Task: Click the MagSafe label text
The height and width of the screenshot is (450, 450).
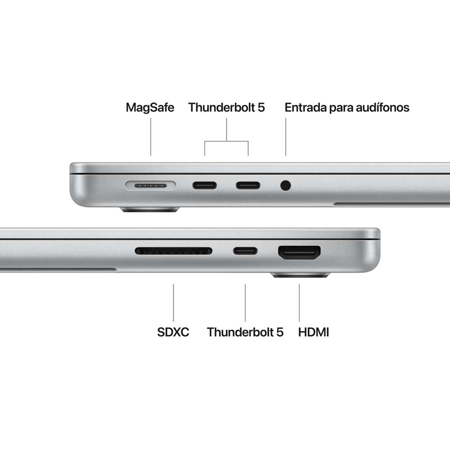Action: tap(150, 108)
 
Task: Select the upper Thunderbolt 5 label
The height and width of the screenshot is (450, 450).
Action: tap(226, 108)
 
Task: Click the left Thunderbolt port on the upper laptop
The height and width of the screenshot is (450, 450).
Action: tap(205, 185)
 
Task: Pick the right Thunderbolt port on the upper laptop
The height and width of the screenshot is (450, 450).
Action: tap(248, 185)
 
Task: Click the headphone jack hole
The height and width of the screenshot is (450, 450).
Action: tap(285, 185)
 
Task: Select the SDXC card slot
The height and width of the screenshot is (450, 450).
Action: tap(173, 251)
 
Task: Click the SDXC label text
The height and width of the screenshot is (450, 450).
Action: tap(173, 333)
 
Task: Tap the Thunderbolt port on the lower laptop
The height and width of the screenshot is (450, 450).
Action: tap(245, 251)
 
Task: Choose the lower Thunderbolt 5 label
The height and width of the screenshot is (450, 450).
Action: tap(245, 333)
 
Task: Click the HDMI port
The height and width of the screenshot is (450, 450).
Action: tap(299, 252)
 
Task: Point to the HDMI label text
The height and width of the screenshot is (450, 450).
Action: tap(314, 333)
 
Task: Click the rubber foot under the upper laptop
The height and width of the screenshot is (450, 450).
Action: tap(150, 209)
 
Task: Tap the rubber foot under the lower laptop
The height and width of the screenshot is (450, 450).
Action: tap(301, 275)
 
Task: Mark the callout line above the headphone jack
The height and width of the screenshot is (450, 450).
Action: tap(285, 137)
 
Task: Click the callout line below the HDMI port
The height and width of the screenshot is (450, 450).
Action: tap(299, 302)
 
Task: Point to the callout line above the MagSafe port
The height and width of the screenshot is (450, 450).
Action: tap(151, 137)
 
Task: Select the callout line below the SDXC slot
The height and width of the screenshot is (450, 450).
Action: tap(173, 302)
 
